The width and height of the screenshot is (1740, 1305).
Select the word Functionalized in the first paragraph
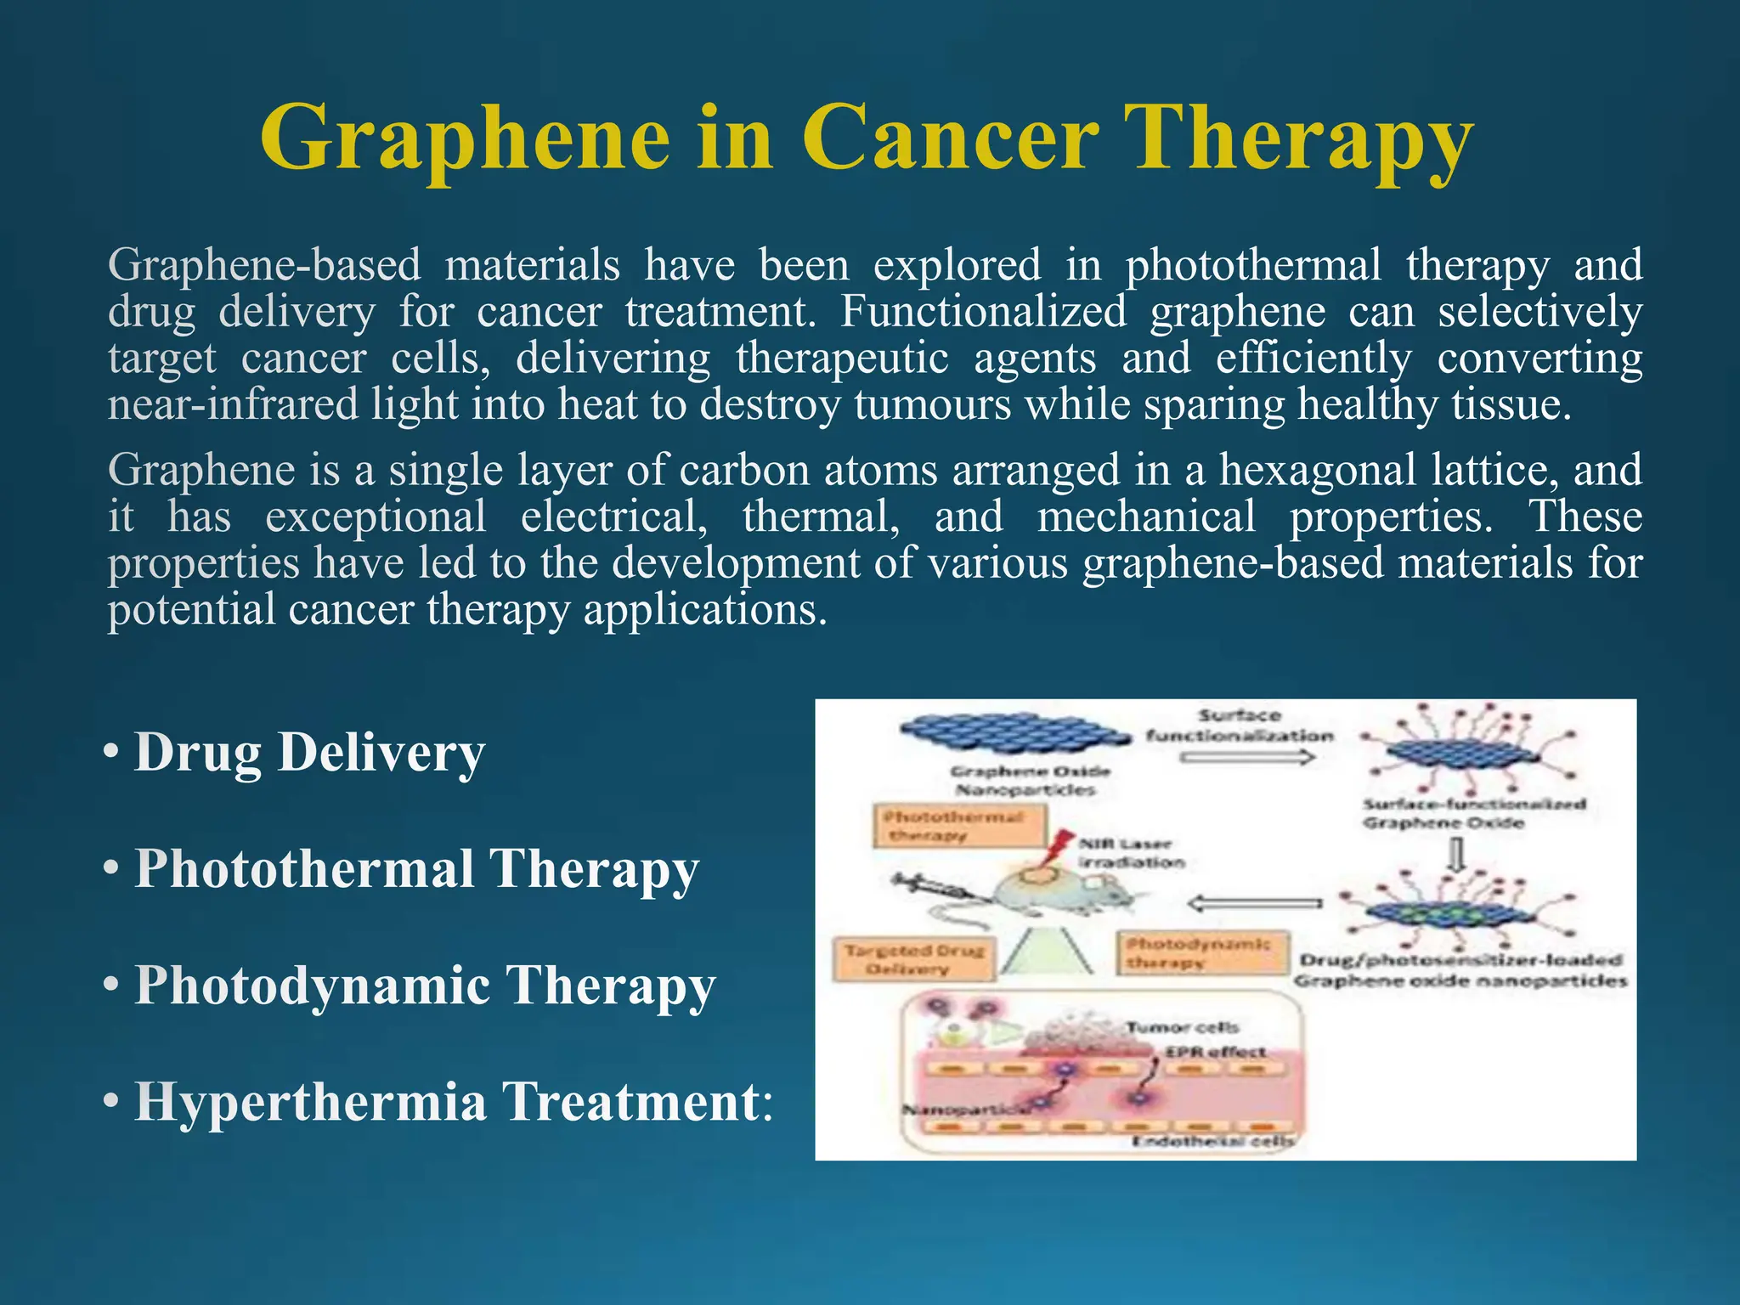(983, 311)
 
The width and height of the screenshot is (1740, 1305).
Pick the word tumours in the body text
(932, 404)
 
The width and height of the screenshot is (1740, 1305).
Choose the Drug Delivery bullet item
(309, 753)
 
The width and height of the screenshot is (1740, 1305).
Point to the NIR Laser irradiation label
(1130, 853)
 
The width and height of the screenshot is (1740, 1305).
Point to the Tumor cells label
(1182, 1028)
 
